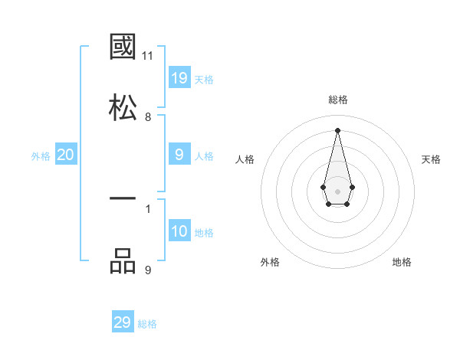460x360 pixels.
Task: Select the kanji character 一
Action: pos(123,200)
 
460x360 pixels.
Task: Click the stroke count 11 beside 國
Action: pos(148,56)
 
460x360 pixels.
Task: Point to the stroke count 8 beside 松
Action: pos(148,117)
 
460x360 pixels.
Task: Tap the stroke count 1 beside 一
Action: pos(148,208)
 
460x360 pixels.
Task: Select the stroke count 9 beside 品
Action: pos(148,270)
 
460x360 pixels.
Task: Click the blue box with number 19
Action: pos(179,78)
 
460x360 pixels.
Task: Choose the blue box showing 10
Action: pos(179,231)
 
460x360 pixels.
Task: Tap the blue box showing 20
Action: pos(66,155)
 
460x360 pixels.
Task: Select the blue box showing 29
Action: pos(123,322)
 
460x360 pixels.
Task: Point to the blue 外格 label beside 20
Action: pos(41,156)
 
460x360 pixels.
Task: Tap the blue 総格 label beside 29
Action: pos(147,324)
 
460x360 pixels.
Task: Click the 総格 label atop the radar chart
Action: pos(337,100)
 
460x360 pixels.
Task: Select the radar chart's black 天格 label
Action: pos(432,159)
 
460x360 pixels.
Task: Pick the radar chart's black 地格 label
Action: pos(402,262)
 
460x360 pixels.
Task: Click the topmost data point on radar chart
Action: pos(337,129)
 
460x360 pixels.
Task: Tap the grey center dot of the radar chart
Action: pos(337,190)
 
